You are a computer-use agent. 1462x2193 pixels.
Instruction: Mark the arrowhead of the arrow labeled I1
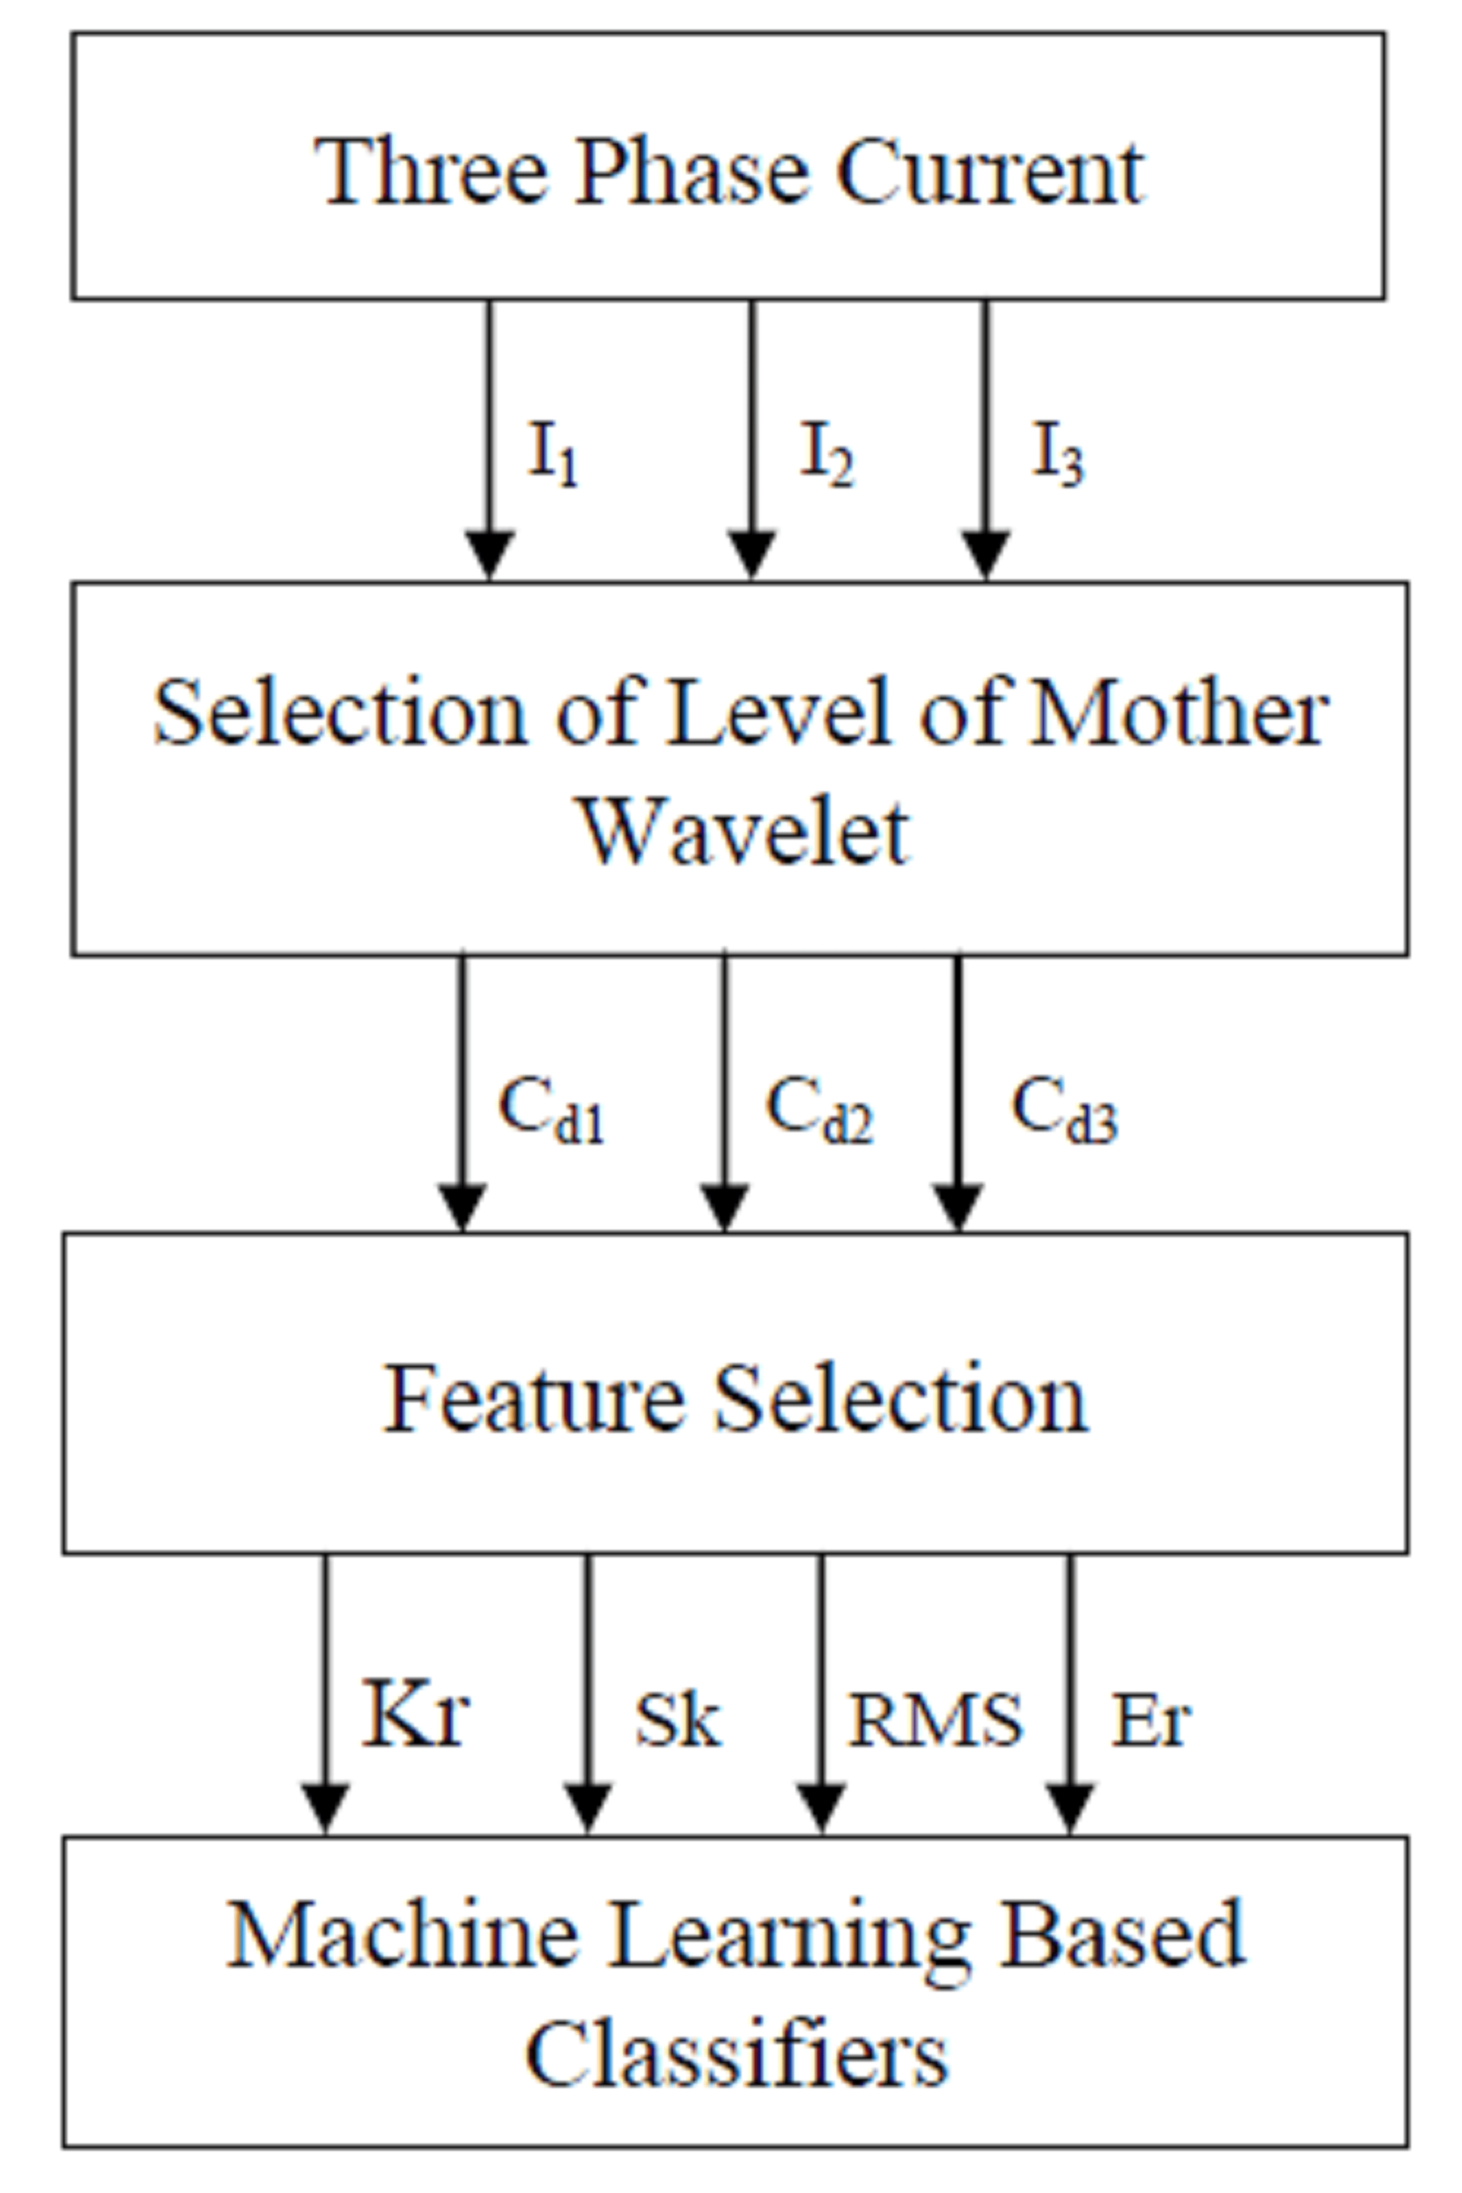(489, 555)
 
